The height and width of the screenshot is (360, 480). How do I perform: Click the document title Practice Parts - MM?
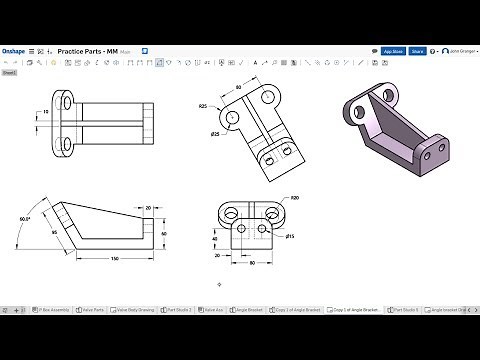[88, 50]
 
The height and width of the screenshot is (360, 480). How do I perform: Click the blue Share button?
[417, 50]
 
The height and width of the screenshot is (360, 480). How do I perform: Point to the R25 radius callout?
[203, 106]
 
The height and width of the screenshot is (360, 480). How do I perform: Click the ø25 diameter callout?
[215, 134]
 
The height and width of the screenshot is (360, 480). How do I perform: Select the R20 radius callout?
[294, 199]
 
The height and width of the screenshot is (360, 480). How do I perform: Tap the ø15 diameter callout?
[290, 236]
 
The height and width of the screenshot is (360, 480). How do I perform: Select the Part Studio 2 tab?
[180, 310]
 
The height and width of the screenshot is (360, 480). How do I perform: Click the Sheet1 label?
[9, 72]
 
